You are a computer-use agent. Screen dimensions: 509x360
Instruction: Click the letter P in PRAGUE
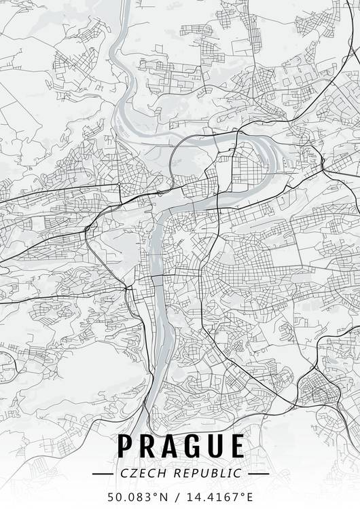point(126,446)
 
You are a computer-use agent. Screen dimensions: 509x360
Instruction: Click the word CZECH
point(139,472)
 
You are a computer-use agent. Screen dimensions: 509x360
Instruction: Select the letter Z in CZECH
point(130,472)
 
